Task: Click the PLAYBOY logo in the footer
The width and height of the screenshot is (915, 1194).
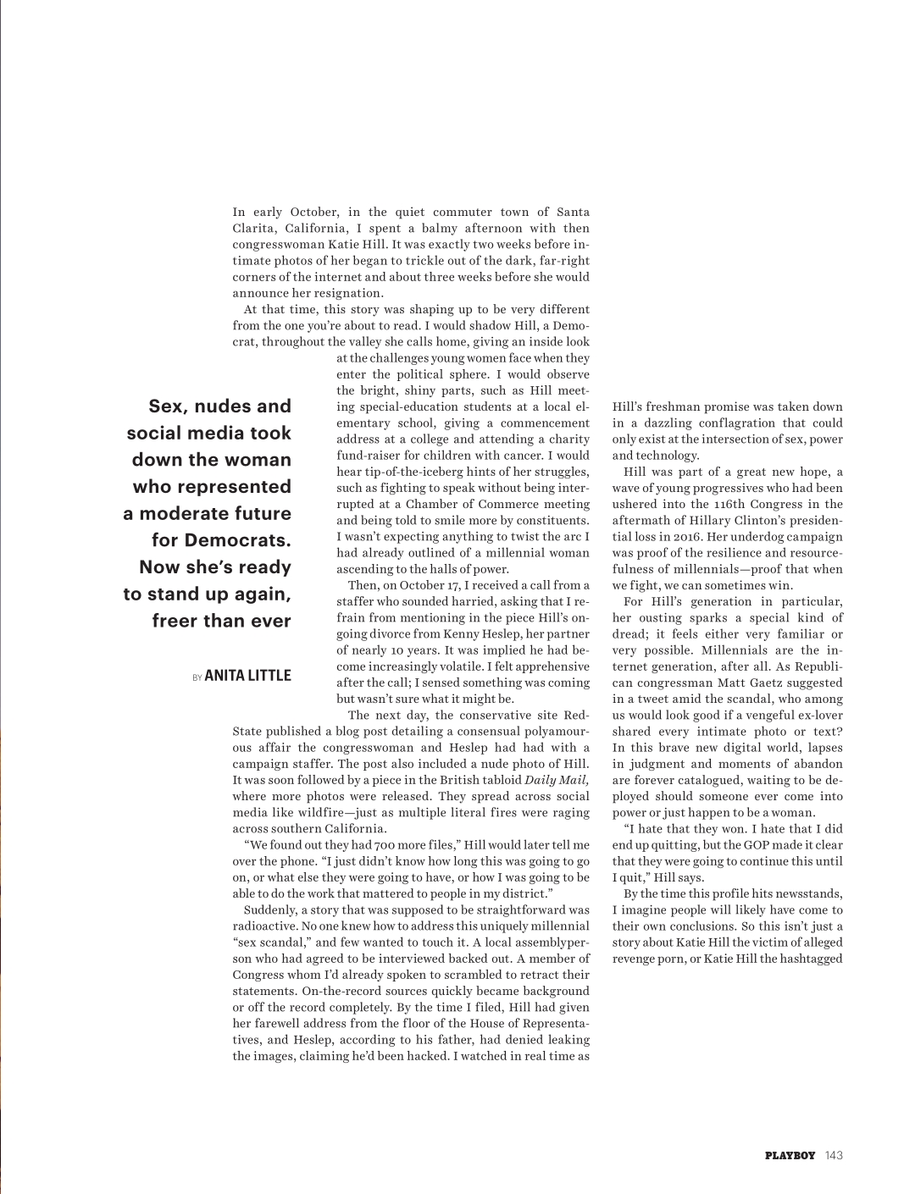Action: pos(790,1155)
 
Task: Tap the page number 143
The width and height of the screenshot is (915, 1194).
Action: pos(834,1155)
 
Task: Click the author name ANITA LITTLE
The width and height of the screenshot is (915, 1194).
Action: pos(247,676)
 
